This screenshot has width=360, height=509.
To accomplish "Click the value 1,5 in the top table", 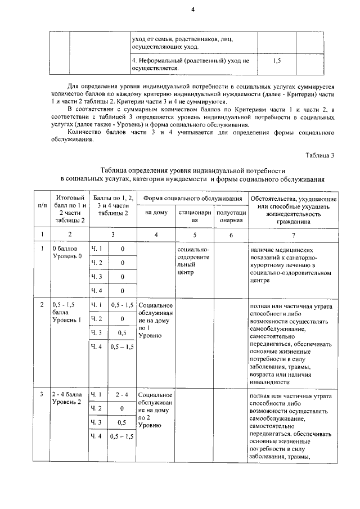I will tap(276, 59).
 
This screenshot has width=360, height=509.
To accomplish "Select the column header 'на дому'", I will tap(156, 213).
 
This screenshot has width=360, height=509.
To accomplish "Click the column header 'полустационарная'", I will tap(231, 216).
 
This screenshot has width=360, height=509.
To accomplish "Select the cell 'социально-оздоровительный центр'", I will tap(193, 260).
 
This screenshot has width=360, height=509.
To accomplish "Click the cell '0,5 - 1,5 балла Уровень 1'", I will tap(67, 313).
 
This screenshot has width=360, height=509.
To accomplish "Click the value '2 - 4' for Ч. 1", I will tap(122, 395).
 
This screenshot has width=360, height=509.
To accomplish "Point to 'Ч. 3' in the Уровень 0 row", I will tap(97, 277).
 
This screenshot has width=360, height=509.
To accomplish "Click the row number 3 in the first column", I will tap(42, 395).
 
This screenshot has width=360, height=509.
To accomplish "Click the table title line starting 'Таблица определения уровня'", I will tap(193, 169).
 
